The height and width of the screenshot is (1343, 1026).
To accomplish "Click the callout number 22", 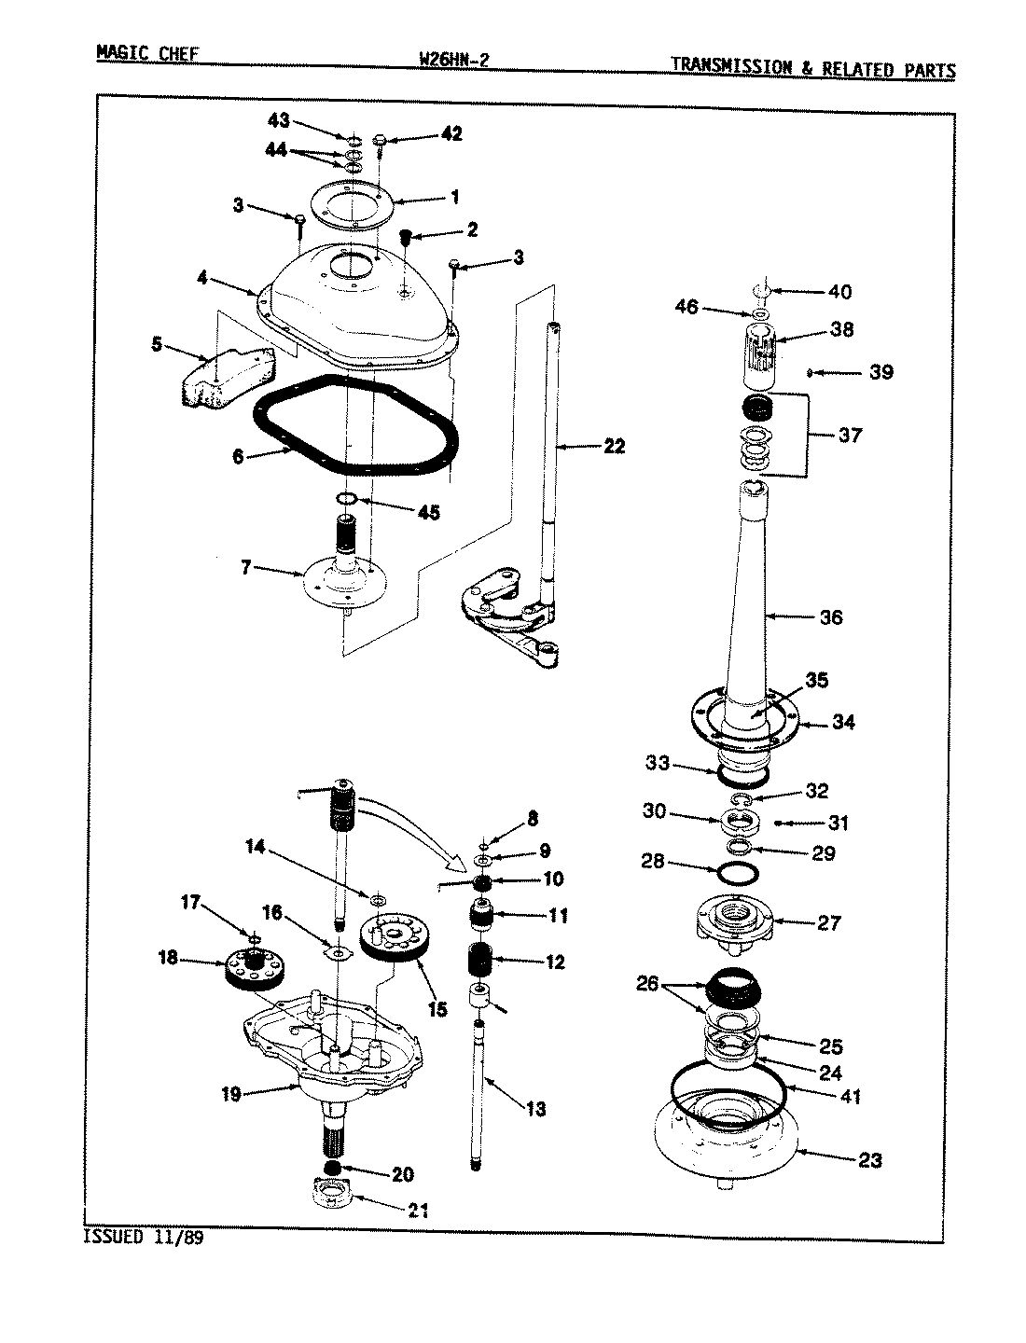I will click(613, 447).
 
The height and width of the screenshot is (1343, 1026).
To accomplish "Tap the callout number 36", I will click(829, 616).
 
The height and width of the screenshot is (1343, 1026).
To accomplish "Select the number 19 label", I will click(231, 1094).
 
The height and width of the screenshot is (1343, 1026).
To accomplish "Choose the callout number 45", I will click(429, 513).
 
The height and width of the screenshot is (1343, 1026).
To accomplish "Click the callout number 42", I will click(451, 134).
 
